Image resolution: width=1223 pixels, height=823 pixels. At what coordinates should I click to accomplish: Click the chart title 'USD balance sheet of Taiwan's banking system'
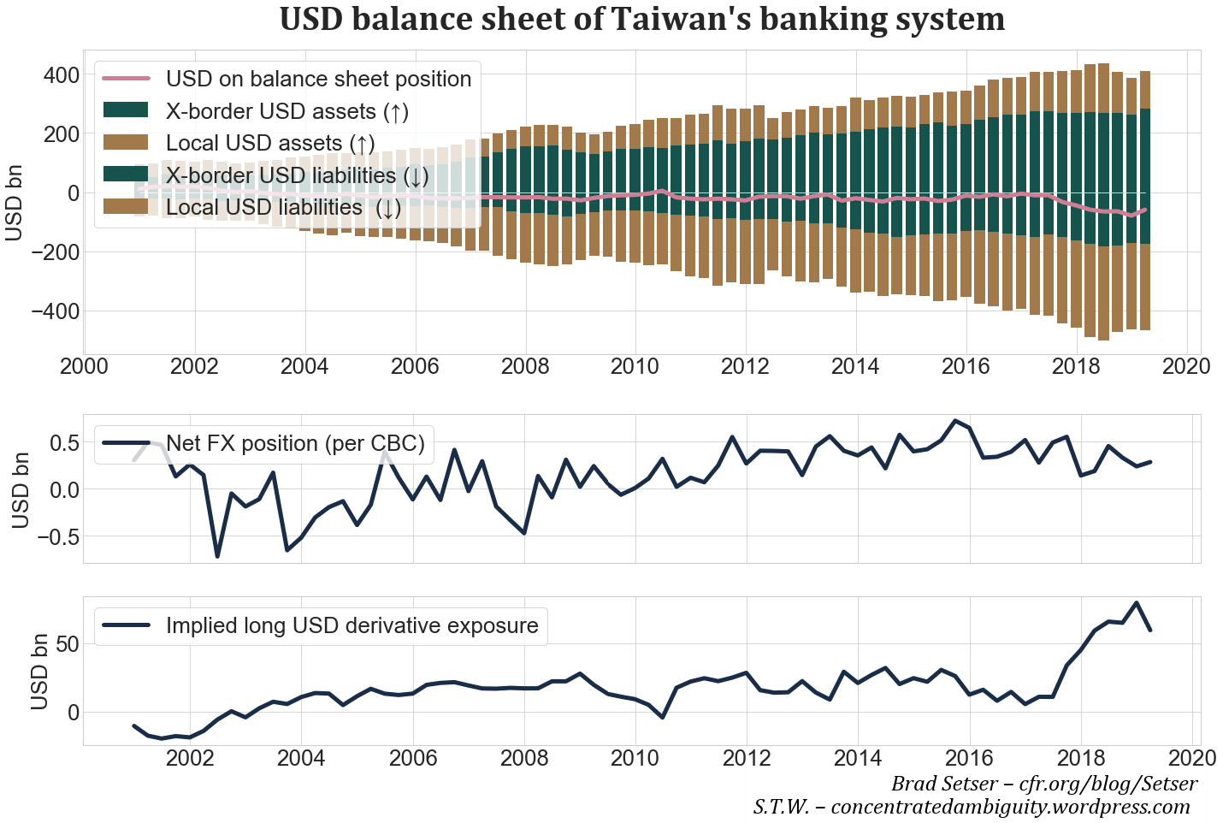641,19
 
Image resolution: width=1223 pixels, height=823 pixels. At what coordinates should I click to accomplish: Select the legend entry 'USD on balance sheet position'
318,79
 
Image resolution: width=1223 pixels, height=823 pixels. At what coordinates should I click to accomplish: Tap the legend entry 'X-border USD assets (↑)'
287,111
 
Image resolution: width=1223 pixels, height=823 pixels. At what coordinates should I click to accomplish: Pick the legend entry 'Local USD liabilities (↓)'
283,208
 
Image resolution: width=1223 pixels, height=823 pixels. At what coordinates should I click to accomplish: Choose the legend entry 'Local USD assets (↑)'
270,143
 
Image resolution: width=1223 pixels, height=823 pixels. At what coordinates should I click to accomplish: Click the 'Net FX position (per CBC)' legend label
295,443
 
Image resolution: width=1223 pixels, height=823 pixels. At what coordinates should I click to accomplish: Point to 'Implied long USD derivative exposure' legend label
352,625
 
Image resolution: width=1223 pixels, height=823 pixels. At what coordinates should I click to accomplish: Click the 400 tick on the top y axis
61,75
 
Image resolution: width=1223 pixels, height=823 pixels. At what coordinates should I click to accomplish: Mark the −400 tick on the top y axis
54,311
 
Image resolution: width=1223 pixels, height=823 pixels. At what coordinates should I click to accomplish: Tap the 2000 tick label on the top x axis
84,367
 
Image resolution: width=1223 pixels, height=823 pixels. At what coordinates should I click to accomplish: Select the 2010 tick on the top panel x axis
635,367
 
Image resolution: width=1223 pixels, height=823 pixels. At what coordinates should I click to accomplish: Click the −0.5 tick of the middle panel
53,537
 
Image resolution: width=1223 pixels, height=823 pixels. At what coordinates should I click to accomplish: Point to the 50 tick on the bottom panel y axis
67,644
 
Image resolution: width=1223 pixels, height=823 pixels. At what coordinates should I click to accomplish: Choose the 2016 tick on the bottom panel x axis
969,758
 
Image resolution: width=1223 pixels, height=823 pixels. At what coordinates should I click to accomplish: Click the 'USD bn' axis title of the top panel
15,204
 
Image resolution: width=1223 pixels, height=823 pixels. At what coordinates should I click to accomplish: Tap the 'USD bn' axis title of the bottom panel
39,672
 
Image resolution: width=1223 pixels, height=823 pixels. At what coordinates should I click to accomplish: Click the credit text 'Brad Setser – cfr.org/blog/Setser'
1044,784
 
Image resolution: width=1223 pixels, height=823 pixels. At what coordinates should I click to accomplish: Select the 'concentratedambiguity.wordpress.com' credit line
1010,807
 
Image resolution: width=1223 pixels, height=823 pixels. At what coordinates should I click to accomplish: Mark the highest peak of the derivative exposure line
1136,603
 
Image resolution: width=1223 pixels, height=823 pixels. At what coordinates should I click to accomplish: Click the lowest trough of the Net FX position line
217,556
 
